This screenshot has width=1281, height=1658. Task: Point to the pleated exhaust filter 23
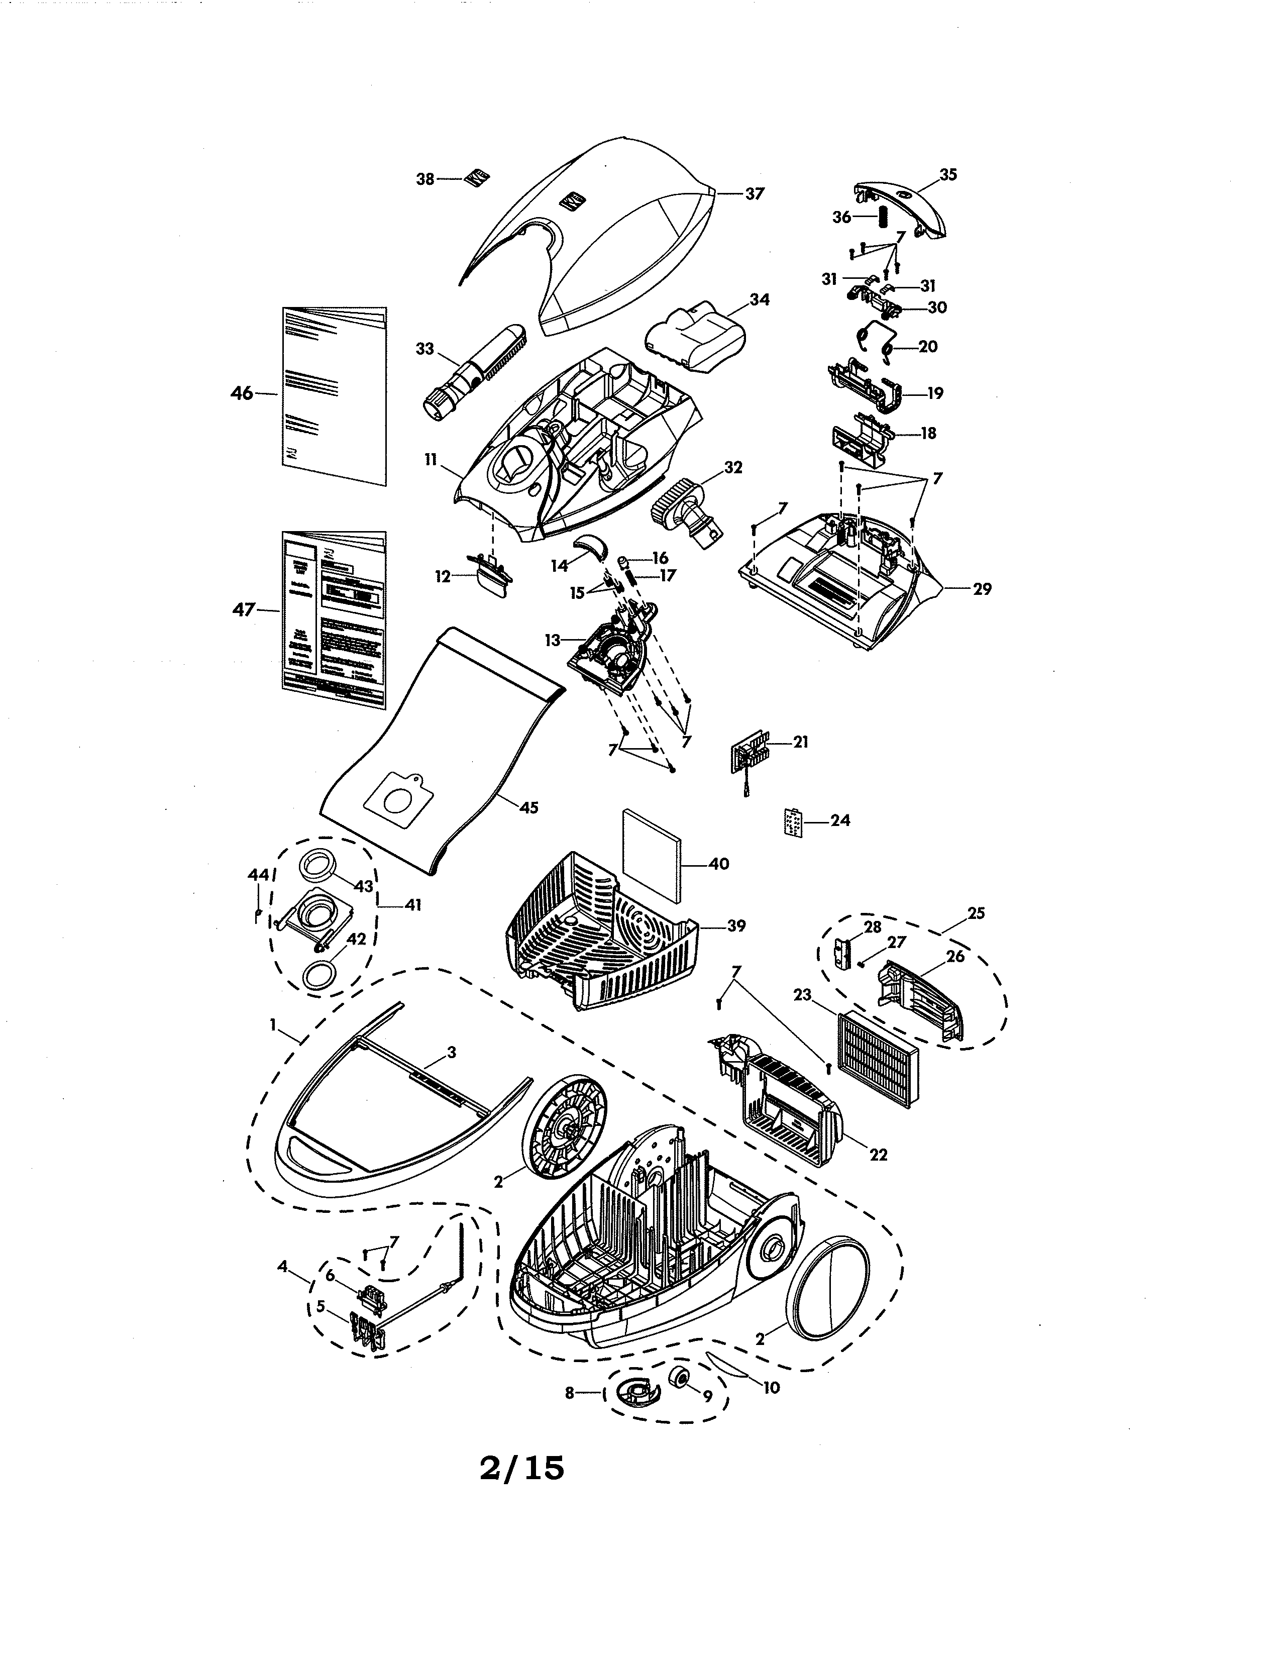877,1061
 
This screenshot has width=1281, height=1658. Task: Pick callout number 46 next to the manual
241,393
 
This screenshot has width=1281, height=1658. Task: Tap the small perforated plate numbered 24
792,821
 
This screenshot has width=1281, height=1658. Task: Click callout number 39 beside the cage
736,925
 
